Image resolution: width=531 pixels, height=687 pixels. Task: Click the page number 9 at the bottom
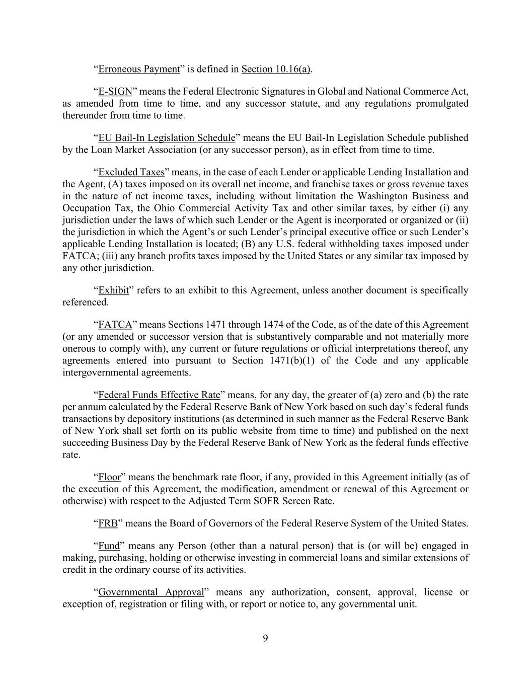coord(265,638)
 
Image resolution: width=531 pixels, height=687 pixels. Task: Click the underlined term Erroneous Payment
coord(139,69)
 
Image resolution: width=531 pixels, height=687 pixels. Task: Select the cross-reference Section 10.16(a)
coord(276,69)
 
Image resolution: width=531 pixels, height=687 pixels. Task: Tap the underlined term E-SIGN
coord(115,92)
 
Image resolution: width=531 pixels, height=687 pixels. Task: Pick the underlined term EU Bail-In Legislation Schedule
coord(167,138)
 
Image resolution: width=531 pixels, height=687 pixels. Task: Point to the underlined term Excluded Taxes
coord(131,172)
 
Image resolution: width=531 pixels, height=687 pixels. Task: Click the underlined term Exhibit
coord(113,290)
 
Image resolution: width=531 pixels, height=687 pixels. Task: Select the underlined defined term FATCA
coord(115,325)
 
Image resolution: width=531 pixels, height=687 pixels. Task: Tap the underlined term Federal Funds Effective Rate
coord(159,395)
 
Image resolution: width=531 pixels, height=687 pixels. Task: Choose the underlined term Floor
coord(109,477)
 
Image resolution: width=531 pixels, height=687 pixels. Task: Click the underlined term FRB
coord(108,523)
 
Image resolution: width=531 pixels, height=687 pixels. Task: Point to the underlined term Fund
coord(109,546)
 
